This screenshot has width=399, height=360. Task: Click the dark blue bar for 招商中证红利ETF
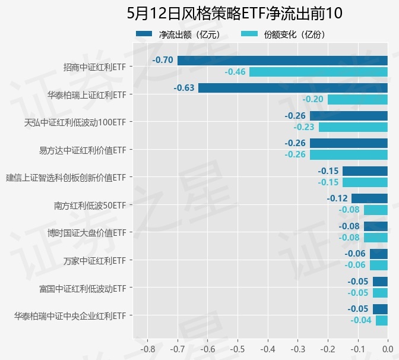pyautogui.click(x=283, y=60)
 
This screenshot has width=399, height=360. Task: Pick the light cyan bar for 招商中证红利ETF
pyautogui.click(x=318, y=72)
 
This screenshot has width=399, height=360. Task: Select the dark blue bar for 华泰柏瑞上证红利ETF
pyautogui.click(x=293, y=88)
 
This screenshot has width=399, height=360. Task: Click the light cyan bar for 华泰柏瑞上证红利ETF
pyautogui.click(x=357, y=99)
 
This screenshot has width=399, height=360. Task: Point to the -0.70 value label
pyautogui.click(x=163, y=60)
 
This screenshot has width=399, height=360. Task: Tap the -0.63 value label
pyautogui.click(x=184, y=88)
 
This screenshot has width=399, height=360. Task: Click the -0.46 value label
pyautogui.click(x=235, y=72)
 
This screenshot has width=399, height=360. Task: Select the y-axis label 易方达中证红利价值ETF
pyautogui.click(x=83, y=150)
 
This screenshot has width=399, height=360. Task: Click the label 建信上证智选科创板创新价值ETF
pyautogui.click(x=66, y=178)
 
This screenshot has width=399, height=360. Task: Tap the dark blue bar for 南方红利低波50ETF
pyautogui.click(x=369, y=198)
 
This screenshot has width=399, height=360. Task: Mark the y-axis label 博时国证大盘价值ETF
pyautogui.click(x=87, y=233)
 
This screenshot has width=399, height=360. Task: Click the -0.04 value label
pyautogui.click(x=361, y=320)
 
